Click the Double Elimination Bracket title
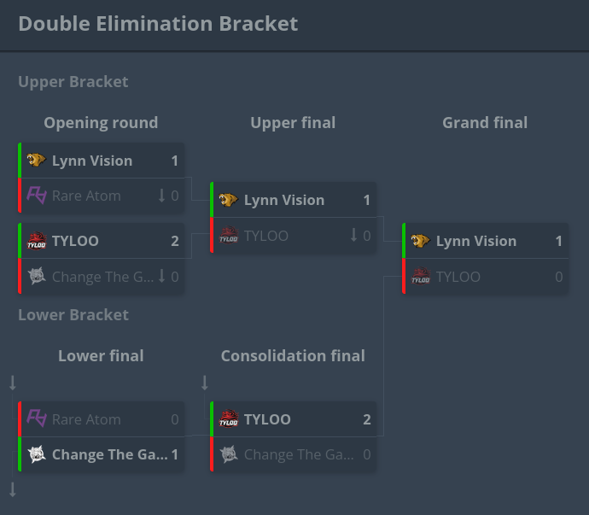(158, 23)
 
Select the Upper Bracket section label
(73, 82)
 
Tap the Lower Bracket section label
(73, 315)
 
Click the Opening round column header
(101, 123)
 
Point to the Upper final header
(293, 123)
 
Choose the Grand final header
(485, 123)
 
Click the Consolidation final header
(293, 356)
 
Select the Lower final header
(101, 356)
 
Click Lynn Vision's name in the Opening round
(92, 161)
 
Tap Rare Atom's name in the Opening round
(86, 196)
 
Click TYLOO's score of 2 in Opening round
(175, 241)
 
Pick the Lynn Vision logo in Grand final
(420, 242)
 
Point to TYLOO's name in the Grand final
(458, 277)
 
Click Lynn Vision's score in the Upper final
(367, 201)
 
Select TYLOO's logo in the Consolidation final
(228, 419)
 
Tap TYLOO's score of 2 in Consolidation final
(367, 419)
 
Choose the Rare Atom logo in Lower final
(36, 418)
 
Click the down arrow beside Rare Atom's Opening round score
(161, 196)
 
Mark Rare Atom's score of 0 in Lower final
(175, 419)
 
